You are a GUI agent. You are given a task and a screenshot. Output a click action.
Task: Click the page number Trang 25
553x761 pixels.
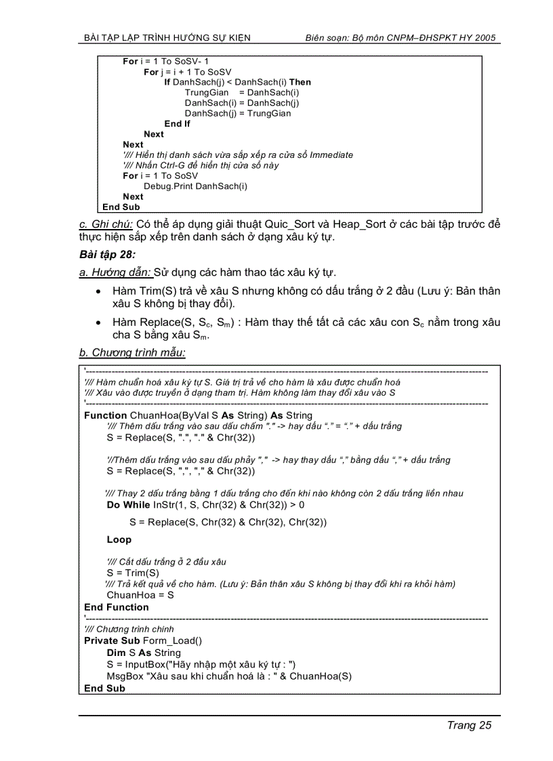(468, 725)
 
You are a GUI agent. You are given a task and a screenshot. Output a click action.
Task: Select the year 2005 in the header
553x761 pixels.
(485, 38)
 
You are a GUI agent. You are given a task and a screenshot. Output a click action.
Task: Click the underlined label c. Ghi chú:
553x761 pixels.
(106, 224)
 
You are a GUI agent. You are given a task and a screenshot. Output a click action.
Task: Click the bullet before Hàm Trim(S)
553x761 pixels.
(99, 291)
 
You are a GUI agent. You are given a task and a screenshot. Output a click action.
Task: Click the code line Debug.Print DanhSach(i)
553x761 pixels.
(195, 186)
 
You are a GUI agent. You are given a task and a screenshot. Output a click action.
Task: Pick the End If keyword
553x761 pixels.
(177, 124)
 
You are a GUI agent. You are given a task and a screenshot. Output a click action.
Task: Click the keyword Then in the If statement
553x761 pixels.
(300, 82)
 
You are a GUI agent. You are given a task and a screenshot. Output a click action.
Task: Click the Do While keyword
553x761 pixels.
(128, 505)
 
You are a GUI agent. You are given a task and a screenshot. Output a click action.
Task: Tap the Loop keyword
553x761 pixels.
(119, 540)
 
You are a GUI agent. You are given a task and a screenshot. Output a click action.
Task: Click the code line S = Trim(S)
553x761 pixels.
(133, 573)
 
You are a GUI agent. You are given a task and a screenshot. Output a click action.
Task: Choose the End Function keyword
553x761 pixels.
(116, 607)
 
